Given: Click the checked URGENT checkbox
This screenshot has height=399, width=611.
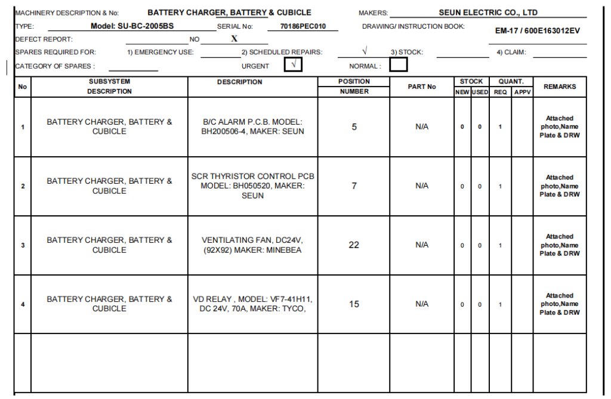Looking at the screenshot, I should [x=293, y=64].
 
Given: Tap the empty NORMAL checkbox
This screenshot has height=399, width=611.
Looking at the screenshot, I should [x=399, y=64].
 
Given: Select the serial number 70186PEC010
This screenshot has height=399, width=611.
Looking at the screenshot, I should [x=308, y=26].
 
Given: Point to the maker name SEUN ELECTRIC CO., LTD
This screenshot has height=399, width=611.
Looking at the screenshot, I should [x=488, y=13].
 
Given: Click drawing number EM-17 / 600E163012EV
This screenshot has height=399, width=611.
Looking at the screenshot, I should [x=538, y=31].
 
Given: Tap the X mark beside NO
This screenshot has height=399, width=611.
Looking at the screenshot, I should [x=234, y=39].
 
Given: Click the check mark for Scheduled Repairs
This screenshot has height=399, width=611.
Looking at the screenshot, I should [x=365, y=51].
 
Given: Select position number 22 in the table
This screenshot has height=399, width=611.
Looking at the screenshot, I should [x=354, y=245].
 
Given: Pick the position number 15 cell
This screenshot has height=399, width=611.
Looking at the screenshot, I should [x=354, y=304].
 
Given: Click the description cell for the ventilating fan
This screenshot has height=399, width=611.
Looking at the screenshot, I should [x=252, y=245].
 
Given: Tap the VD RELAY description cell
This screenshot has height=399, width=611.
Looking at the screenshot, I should [x=252, y=304].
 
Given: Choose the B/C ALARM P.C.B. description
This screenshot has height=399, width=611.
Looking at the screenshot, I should [x=252, y=126].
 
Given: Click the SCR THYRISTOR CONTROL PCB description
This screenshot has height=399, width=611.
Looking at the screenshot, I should [x=252, y=185].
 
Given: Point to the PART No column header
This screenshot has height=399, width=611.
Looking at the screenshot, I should [x=422, y=86].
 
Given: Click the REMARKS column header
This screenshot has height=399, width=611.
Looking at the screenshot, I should [x=560, y=86].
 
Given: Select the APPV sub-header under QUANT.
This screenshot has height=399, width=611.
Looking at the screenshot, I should [x=522, y=92].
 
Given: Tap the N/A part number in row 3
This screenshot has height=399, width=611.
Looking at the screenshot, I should [x=422, y=245].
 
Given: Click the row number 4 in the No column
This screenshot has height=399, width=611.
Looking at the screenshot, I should [x=23, y=304].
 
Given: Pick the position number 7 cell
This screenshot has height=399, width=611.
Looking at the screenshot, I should [x=354, y=186].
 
